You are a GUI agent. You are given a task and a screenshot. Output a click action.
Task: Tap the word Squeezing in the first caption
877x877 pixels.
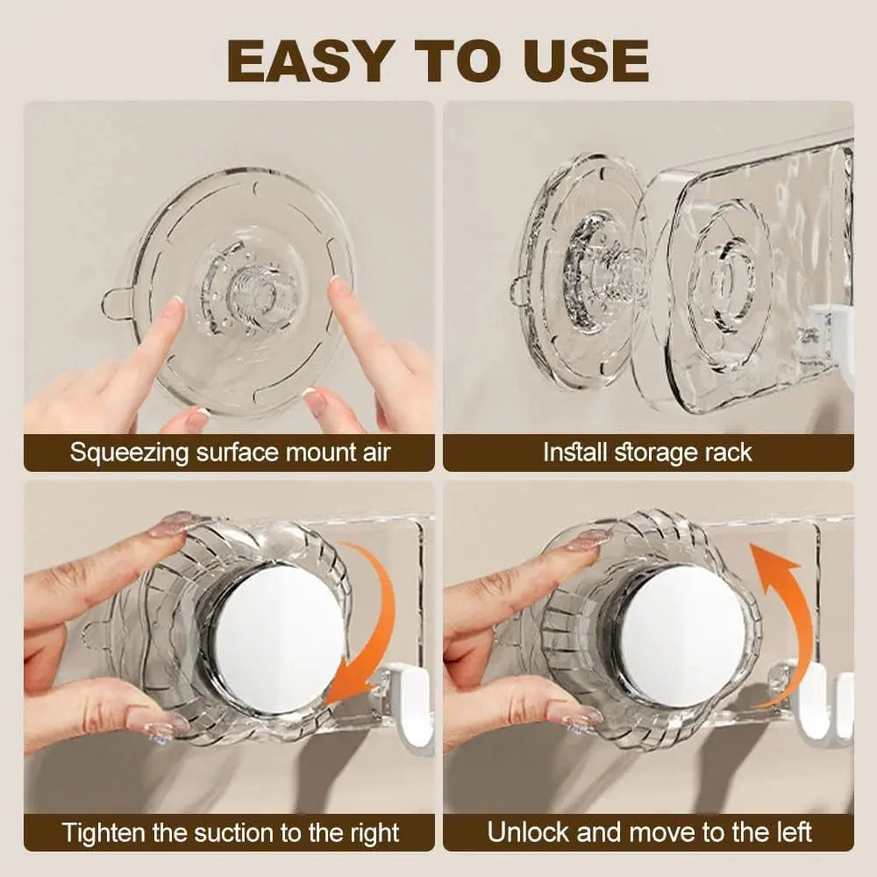(x=130, y=453)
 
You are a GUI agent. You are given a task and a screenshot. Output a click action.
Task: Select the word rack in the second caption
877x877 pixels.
(x=726, y=452)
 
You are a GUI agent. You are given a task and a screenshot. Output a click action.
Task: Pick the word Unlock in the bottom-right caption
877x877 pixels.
(x=530, y=831)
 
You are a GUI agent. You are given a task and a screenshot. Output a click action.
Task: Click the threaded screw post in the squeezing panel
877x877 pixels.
(x=251, y=286)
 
